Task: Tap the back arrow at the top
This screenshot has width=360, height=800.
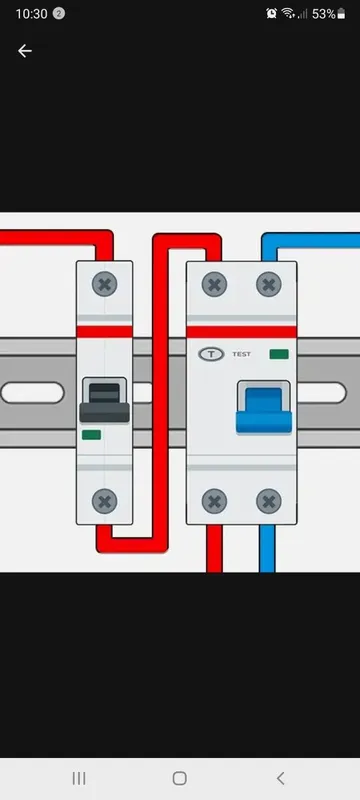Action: click(24, 51)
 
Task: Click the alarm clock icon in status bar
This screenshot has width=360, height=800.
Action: click(271, 14)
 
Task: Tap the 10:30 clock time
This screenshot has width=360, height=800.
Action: click(31, 14)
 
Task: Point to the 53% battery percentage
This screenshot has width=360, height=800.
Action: click(323, 14)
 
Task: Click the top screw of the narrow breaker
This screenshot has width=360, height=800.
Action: click(105, 284)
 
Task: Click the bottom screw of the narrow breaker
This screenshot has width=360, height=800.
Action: click(105, 502)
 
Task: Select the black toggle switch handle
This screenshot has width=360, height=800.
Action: click(105, 403)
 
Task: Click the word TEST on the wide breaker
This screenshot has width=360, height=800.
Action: click(241, 354)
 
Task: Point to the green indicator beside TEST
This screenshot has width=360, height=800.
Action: click(279, 354)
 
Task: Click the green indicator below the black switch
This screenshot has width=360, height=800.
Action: click(91, 435)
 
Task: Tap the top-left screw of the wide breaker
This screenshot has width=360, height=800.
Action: click(214, 284)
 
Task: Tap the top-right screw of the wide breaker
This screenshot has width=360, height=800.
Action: click(269, 284)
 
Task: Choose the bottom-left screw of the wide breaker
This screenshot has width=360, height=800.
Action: click(214, 502)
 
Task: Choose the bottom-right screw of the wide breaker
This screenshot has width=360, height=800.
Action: click(269, 502)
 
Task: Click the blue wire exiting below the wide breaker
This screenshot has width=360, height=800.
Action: click(267, 548)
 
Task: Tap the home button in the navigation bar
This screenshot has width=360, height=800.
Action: click(179, 778)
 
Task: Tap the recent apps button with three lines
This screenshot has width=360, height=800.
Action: click(79, 778)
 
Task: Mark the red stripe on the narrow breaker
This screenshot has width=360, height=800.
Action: click(105, 332)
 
